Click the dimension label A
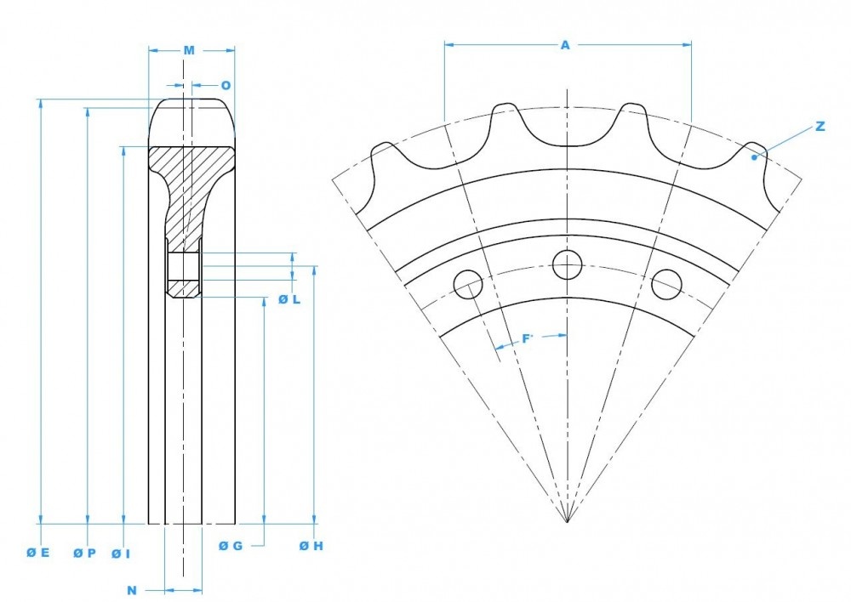565,45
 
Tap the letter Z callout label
820,126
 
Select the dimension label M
189,51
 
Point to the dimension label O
226,85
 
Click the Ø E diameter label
38,553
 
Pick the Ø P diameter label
84,553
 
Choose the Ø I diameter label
121,554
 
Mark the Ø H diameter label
311,546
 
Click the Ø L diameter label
289,300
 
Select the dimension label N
132,589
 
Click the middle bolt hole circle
567,264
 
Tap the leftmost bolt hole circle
468,284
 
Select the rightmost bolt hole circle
666,284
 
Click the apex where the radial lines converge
567,521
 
